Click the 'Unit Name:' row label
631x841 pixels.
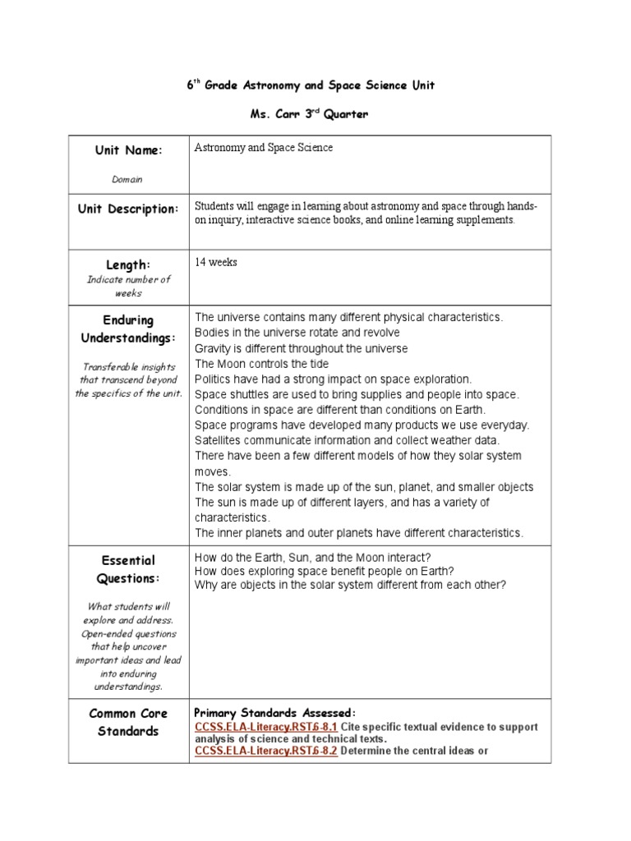129,150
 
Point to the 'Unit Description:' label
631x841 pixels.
129,209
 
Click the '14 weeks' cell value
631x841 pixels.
216,262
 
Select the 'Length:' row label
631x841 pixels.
128,264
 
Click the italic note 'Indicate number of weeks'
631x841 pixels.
128,286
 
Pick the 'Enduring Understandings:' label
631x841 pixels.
128,329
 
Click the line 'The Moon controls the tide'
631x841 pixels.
261,364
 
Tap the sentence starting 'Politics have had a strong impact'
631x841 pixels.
333,379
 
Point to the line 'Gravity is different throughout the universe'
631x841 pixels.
301,348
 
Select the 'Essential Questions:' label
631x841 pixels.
128,569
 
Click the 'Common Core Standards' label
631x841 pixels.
128,722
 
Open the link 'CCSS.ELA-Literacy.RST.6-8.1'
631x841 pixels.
265,727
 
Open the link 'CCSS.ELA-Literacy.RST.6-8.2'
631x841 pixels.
265,751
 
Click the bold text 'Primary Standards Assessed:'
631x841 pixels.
274,712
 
